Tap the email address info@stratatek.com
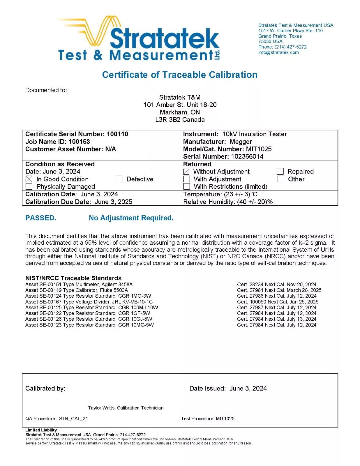(x=278, y=52)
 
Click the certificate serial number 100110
(x=117, y=134)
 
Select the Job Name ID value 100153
(x=79, y=142)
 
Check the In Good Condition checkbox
(x=29, y=179)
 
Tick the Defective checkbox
(x=119, y=179)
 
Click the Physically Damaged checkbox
(x=29, y=186)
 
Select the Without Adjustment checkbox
(x=186, y=172)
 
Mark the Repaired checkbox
(x=280, y=171)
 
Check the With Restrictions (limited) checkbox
(x=186, y=186)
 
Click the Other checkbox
(x=281, y=179)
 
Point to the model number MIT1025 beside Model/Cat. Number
(x=259, y=149)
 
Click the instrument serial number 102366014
(x=247, y=156)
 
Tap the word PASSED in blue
(x=40, y=218)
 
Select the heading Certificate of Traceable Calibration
(x=180, y=75)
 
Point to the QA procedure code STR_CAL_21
(x=73, y=419)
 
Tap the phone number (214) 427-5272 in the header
(x=290, y=47)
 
